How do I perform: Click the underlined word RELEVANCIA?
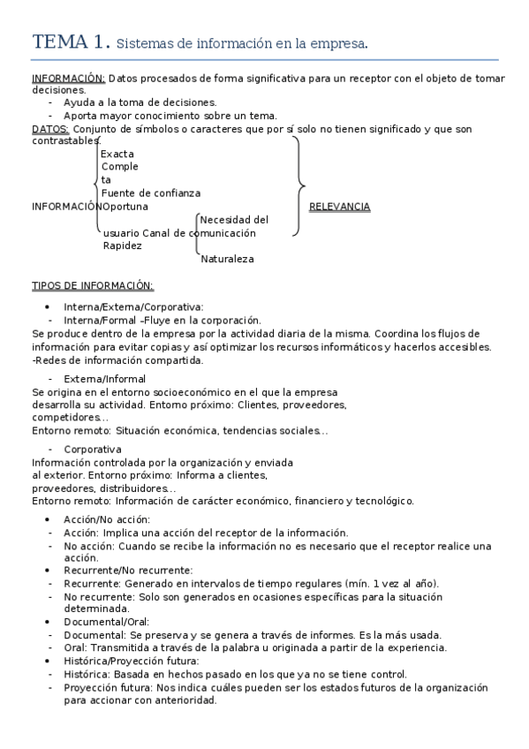(339, 207)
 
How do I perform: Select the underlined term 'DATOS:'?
(49, 129)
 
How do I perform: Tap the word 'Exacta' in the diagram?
(117, 154)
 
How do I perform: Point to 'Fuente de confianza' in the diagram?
(150, 193)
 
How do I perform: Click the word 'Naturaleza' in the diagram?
(227, 259)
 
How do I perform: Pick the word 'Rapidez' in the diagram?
(123, 246)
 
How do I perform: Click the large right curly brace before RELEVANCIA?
(299, 186)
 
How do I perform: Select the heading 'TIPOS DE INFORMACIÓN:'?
(92, 285)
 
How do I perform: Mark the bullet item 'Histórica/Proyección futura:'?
(132, 662)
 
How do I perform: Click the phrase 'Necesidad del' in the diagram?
(234, 220)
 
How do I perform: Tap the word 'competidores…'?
(70, 417)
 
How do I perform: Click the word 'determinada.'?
(96, 609)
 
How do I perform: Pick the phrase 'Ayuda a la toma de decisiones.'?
(140, 102)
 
